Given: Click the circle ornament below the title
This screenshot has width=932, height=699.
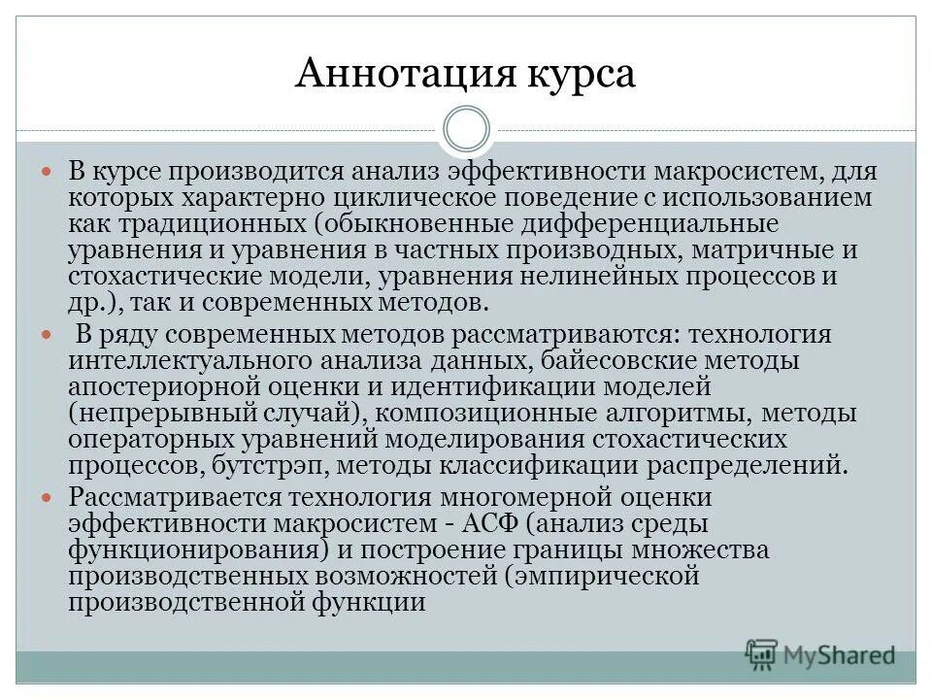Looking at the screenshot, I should click(x=466, y=130).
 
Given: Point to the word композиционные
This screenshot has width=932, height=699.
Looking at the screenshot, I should click(x=494, y=414).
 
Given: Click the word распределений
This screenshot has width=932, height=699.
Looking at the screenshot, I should click(x=742, y=465).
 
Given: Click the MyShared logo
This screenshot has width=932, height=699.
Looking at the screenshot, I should click(x=820, y=654).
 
